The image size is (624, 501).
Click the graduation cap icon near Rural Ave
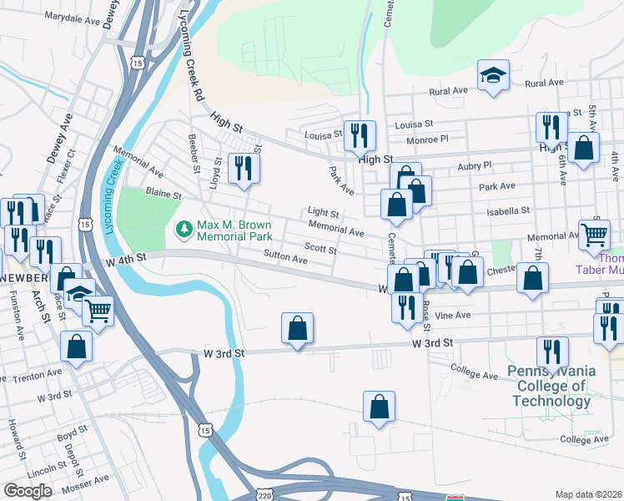(494, 76)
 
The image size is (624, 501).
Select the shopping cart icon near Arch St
(98, 312)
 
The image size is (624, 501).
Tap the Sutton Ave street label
(285, 258)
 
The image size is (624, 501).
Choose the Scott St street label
(320, 248)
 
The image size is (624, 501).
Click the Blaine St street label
(164, 194)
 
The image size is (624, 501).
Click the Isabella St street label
(508, 211)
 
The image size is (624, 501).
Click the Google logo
(28, 491)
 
